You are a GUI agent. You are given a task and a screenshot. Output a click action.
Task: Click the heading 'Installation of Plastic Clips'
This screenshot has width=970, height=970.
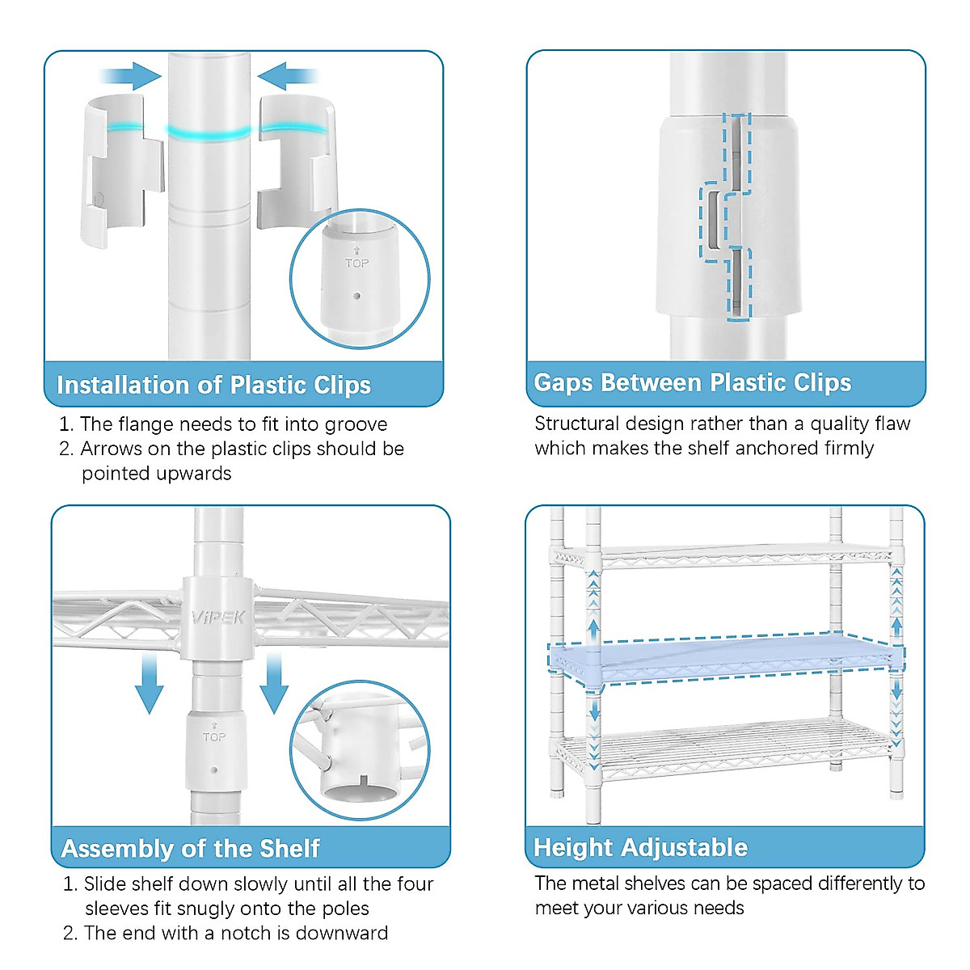point(214,385)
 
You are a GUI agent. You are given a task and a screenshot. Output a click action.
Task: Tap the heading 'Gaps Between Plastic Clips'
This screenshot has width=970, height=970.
point(693,382)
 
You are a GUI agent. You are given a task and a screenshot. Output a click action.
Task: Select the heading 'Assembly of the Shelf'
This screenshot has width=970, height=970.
point(191,848)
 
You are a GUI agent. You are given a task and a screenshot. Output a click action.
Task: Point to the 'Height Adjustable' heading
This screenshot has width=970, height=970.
point(641,847)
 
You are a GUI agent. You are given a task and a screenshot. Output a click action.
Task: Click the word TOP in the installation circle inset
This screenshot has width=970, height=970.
point(356,263)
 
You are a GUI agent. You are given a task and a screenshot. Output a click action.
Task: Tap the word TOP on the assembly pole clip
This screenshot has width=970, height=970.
point(214,736)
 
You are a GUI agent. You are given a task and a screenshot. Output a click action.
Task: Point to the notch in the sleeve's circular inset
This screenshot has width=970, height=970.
point(364,782)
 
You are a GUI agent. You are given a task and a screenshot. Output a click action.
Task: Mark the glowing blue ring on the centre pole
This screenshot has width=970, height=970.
point(209,132)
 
